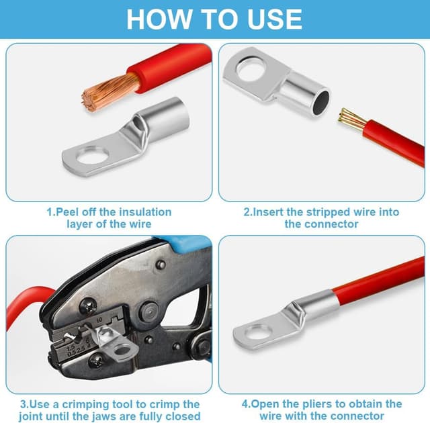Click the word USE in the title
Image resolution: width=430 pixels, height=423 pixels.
coord(275,19)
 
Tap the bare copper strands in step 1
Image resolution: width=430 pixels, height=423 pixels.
coord(110,93)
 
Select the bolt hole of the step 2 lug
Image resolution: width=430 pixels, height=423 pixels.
coord(251,68)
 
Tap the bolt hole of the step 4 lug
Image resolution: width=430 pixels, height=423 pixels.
coord(258,333)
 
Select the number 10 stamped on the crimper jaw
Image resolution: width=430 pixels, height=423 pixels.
coord(99,320)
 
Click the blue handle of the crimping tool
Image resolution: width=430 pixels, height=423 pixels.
coord(189,244)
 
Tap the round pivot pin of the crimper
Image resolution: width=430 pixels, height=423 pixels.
coord(149,312)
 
